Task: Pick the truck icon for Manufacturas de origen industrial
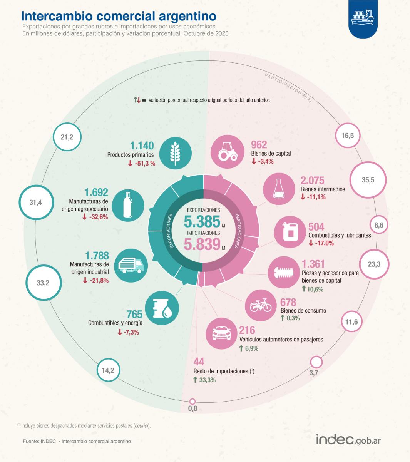[x=131, y=265]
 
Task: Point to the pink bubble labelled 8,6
[x=379, y=225]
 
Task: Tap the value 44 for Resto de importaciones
[x=199, y=362]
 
